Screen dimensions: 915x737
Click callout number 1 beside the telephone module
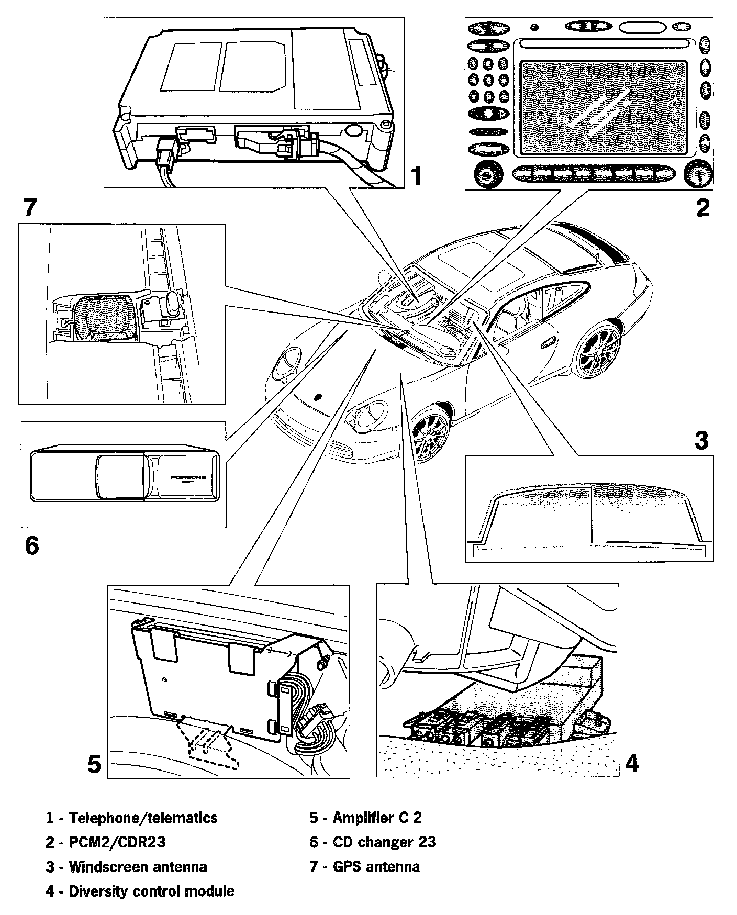tap(416, 176)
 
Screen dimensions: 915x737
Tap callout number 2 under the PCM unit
tap(702, 208)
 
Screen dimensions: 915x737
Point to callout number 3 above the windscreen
tap(701, 440)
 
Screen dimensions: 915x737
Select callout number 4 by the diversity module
tap(632, 764)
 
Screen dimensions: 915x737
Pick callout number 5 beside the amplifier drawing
tap(94, 765)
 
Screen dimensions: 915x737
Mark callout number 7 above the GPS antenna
tap(30, 208)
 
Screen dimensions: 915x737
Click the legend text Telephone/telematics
tap(143, 818)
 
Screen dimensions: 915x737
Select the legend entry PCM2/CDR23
tap(117, 842)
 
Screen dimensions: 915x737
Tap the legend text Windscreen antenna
tap(138, 866)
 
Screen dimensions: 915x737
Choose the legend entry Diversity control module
tap(151, 891)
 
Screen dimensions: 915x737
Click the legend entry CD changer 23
tap(384, 842)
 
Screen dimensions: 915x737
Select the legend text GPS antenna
tap(376, 866)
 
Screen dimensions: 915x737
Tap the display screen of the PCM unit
tap(604, 108)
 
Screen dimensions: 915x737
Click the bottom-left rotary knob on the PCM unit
tap(486, 174)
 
